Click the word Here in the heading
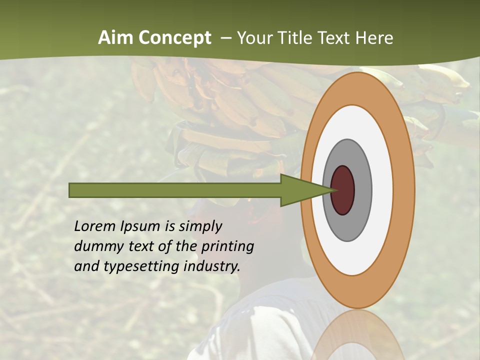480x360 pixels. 374,37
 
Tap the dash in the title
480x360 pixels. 225,38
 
